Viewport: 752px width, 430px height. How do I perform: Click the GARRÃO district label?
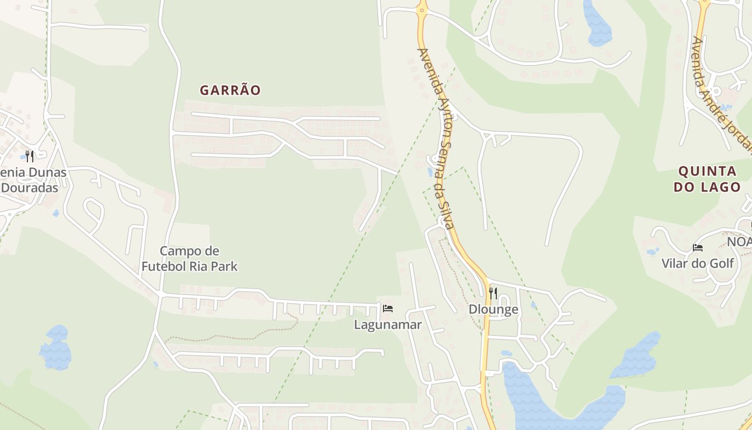(230, 90)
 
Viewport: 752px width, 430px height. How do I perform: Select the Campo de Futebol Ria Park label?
(190, 259)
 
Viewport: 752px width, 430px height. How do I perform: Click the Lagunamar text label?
(388, 325)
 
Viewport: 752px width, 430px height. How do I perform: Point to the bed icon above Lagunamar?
(388, 309)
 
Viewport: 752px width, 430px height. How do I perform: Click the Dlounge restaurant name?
(493, 310)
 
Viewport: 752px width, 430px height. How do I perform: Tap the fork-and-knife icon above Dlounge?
(493, 293)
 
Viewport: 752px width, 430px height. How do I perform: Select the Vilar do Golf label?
(698, 263)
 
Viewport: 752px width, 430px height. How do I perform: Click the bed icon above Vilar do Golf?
(698, 247)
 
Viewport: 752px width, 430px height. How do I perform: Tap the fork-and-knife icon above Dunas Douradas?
(30, 156)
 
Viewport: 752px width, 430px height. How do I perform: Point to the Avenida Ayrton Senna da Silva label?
(436, 138)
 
